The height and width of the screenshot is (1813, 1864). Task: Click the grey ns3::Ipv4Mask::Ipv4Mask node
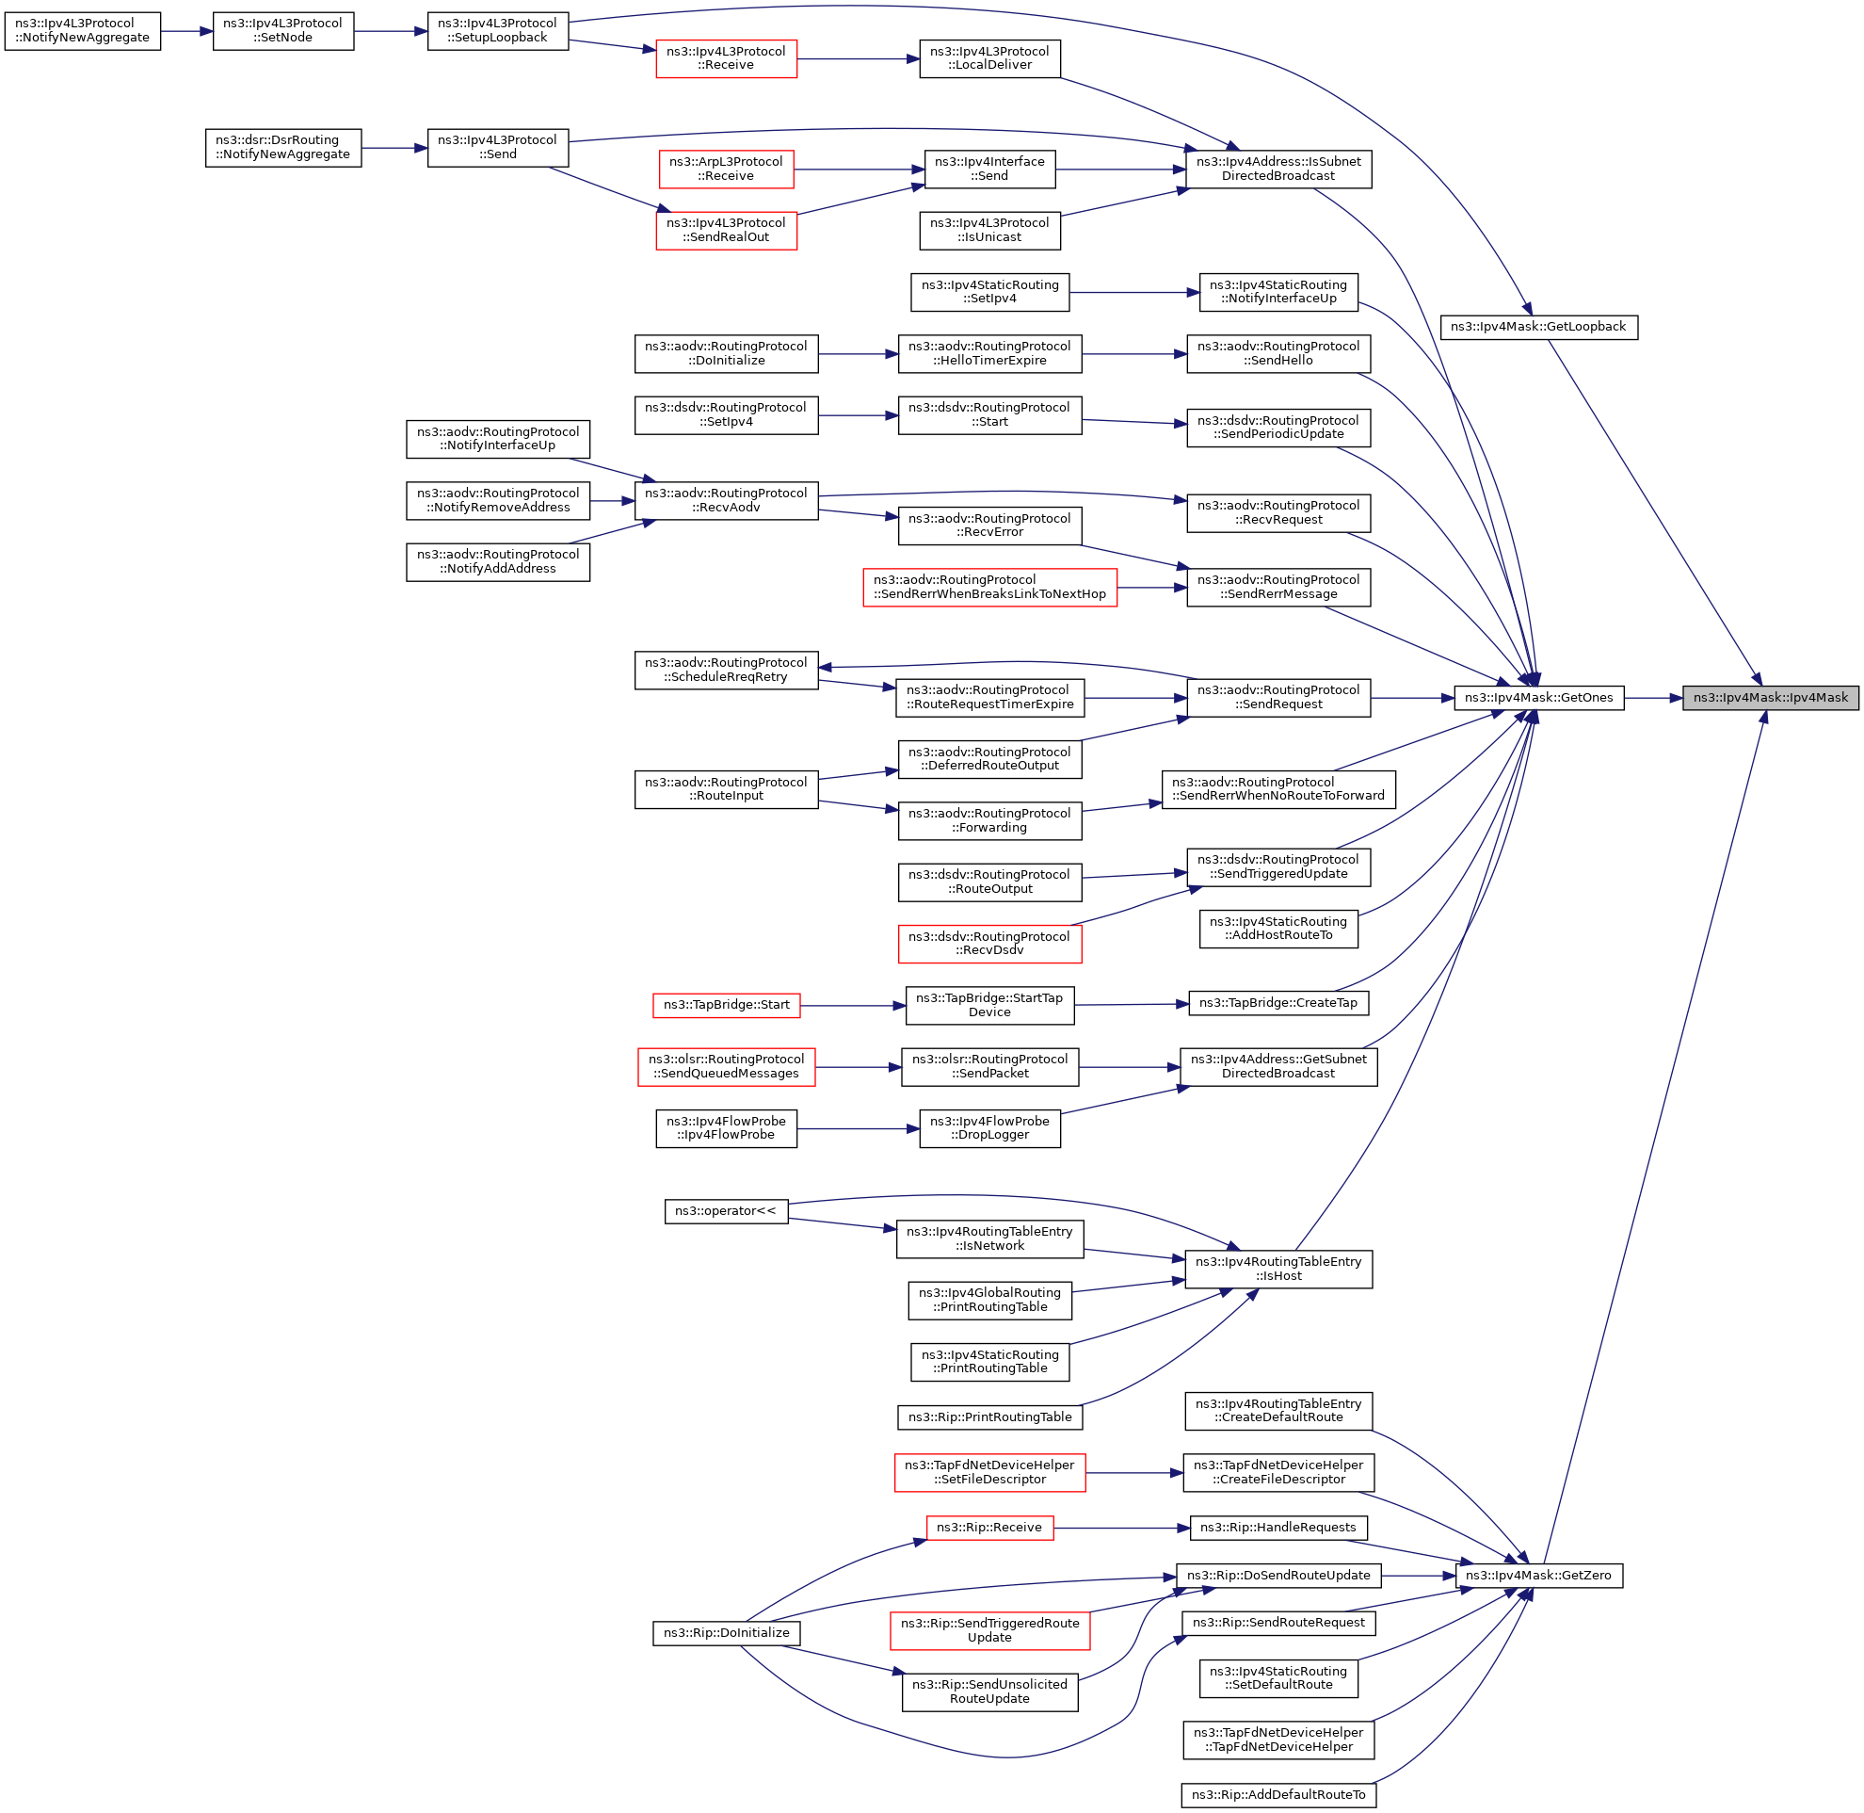click(x=1770, y=698)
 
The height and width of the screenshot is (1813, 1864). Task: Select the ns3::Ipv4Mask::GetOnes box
click(x=1538, y=698)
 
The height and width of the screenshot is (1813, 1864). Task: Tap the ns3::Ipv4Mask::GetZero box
click(x=1538, y=1576)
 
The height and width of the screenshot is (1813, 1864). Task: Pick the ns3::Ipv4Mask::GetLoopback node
click(x=1538, y=327)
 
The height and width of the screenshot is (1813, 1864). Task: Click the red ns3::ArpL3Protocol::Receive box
click(x=726, y=169)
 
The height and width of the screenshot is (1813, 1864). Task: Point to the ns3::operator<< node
click(x=726, y=1211)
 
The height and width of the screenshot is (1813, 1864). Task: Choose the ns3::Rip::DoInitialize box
click(x=727, y=1633)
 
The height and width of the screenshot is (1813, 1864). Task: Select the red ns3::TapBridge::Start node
click(x=727, y=1005)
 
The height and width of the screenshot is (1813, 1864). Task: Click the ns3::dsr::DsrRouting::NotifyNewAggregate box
click(x=282, y=148)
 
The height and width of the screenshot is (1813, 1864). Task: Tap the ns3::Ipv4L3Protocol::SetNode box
click(x=282, y=30)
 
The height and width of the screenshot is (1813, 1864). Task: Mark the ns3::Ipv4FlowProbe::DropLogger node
click(x=989, y=1128)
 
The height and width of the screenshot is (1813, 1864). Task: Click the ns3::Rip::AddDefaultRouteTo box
click(x=1278, y=1795)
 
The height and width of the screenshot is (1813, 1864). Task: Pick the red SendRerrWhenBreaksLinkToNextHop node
click(x=989, y=588)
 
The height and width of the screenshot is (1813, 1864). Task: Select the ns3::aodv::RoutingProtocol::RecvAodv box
click(x=726, y=501)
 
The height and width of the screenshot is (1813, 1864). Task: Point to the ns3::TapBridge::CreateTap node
click(x=1278, y=1003)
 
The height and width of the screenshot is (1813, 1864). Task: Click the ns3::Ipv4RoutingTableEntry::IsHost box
click(x=1278, y=1270)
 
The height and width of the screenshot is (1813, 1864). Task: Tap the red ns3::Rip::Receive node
click(x=989, y=1528)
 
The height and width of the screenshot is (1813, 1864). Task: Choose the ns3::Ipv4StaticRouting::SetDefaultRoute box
click(x=1278, y=1677)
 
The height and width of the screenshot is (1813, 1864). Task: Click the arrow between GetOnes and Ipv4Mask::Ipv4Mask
click(x=1653, y=698)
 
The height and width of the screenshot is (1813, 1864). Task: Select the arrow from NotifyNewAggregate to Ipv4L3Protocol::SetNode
click(x=186, y=30)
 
